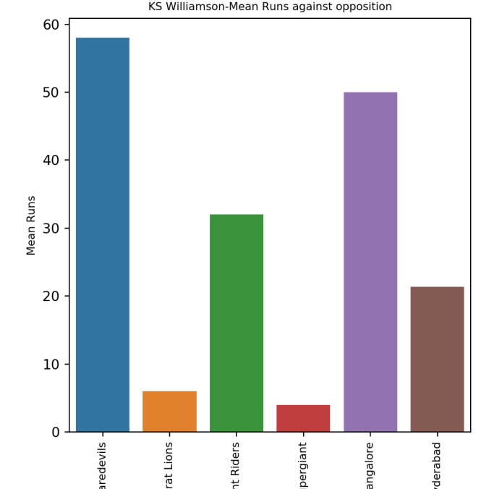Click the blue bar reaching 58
point(103,234)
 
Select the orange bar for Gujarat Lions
point(169,412)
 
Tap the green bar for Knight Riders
point(237,323)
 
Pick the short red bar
point(303,418)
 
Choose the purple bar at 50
point(370,262)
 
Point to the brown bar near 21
point(437,359)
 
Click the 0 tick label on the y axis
point(56,433)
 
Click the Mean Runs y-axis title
point(31,225)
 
